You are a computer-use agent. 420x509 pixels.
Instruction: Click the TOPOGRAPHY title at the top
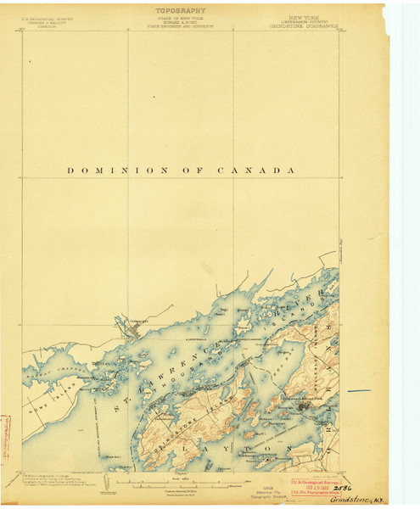pyautogui.click(x=181, y=11)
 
